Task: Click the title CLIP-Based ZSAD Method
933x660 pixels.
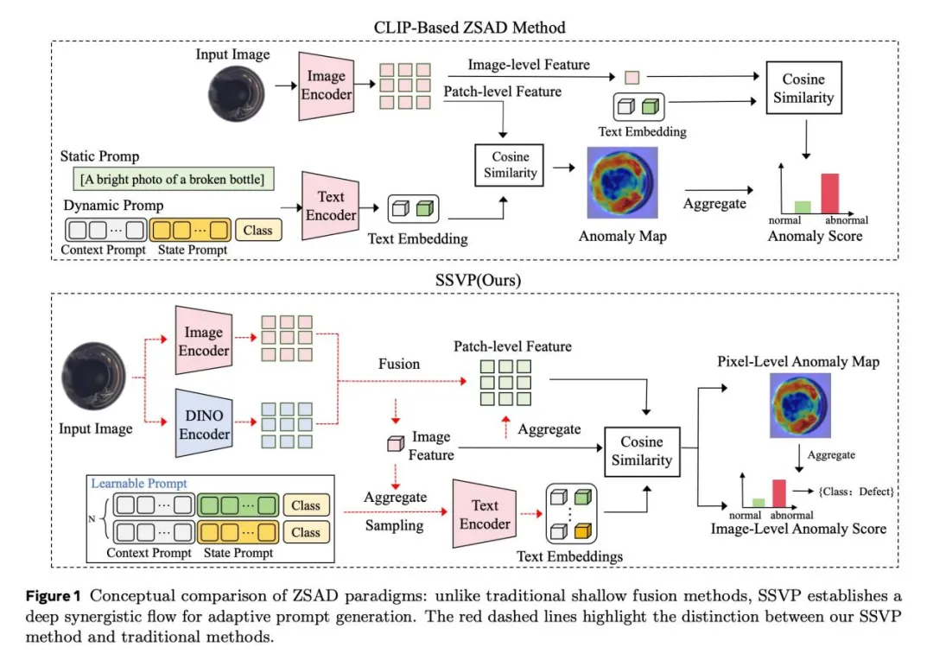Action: click(470, 27)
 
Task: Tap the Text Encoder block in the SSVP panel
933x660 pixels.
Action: click(485, 514)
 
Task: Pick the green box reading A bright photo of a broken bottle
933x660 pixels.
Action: click(175, 180)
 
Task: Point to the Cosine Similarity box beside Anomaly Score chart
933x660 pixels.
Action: click(803, 88)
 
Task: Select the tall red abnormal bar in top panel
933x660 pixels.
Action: click(829, 193)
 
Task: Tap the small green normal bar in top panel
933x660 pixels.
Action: click(803, 206)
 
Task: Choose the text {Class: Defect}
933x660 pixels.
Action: click(855, 492)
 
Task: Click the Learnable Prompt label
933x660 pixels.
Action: click(139, 484)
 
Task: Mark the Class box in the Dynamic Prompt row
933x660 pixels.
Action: click(257, 230)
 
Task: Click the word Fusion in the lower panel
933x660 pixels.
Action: click(399, 364)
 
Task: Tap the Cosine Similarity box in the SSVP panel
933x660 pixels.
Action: click(642, 451)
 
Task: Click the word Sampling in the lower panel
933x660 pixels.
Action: click(394, 524)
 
